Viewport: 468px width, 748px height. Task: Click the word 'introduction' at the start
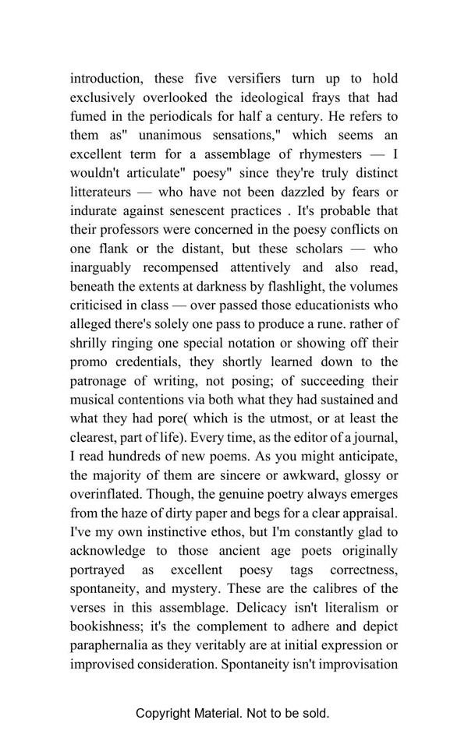[105, 79]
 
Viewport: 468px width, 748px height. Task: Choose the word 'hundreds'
[144, 456]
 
